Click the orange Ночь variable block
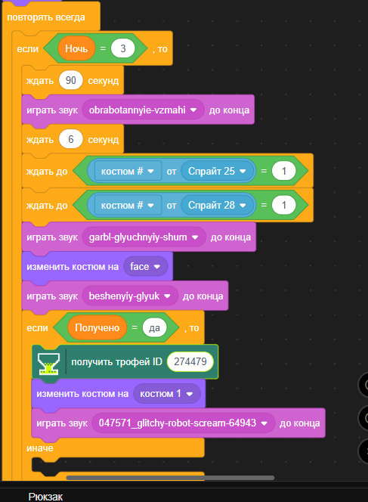pos(76,48)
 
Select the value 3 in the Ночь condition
pos(123,48)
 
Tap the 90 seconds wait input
pos(71,80)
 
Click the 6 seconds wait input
pos(71,139)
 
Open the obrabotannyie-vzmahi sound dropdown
pos(143,110)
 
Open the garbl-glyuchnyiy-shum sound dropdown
pos(144,237)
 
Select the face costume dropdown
pos(146,266)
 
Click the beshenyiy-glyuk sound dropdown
pos(130,296)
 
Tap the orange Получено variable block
pos(97,327)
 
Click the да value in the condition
pos(154,327)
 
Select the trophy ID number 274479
pos(190,362)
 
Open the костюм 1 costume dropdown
pos(167,393)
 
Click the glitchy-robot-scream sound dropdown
pos(184,423)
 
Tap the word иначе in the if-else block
pos(40,448)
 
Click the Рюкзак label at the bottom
pos(45,497)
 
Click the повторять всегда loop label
pos(46,17)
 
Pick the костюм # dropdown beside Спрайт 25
pos(128,171)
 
